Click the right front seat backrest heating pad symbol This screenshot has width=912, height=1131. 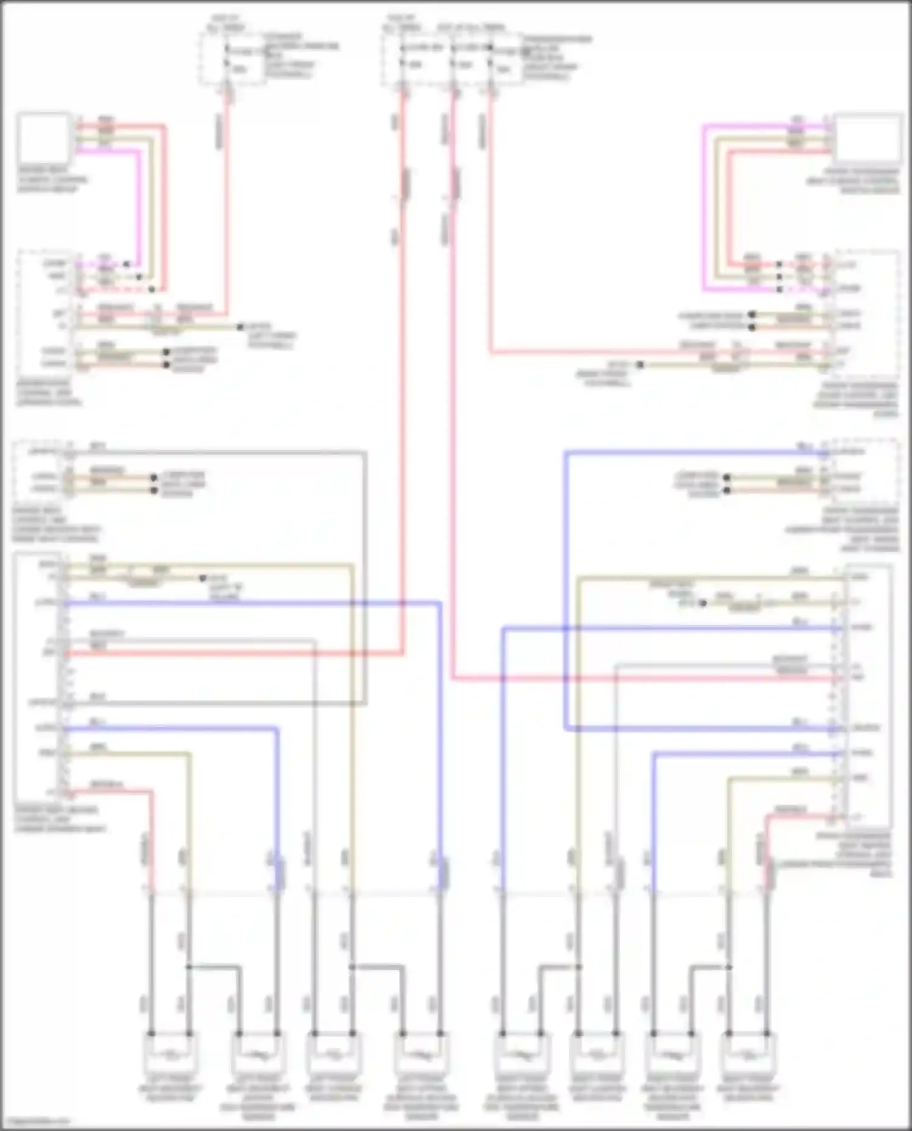(x=748, y=1054)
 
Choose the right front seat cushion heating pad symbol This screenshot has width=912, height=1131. (x=597, y=1054)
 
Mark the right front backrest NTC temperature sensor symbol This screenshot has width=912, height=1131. (x=672, y=1054)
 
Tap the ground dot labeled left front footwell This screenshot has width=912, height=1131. (x=241, y=327)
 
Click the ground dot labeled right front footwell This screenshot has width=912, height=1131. (x=640, y=365)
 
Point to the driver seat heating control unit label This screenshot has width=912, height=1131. (x=58, y=819)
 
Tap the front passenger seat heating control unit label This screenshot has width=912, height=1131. (x=854, y=854)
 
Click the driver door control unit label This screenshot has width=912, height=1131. (x=49, y=393)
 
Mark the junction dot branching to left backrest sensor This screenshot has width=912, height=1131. (x=189, y=967)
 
